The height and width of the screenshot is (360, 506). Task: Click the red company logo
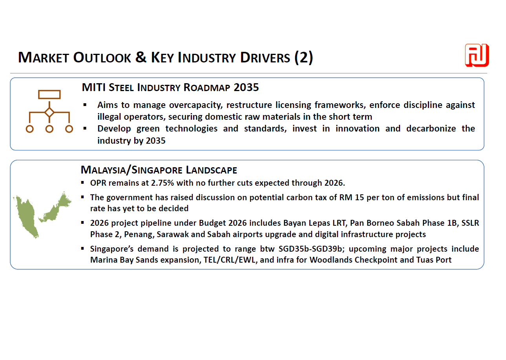tap(477, 55)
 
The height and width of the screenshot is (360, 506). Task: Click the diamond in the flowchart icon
tap(49, 112)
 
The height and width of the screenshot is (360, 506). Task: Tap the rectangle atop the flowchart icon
tap(49, 95)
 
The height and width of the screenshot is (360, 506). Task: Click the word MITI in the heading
tap(93, 87)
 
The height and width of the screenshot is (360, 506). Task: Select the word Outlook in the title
tap(102, 58)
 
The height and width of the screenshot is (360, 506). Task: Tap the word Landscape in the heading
tap(211, 170)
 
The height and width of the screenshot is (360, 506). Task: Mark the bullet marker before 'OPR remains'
tap(82, 183)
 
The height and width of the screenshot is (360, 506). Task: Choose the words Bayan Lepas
tap(304, 223)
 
